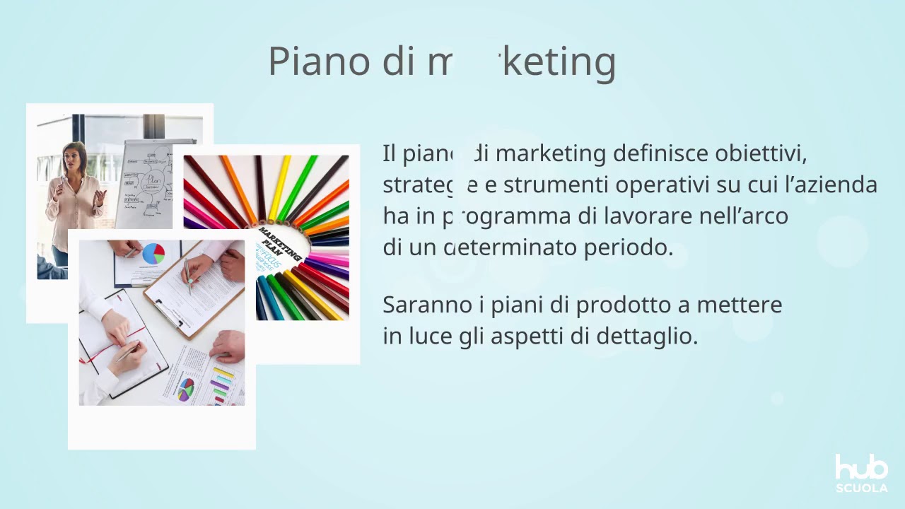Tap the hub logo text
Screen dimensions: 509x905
pyautogui.click(x=861, y=468)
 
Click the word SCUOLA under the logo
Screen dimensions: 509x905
pyautogui.click(x=861, y=488)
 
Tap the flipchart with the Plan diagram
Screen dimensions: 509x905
pyautogui.click(x=146, y=184)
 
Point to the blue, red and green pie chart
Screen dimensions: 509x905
pyautogui.click(x=153, y=253)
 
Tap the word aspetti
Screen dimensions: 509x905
pyautogui.click(x=541, y=336)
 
